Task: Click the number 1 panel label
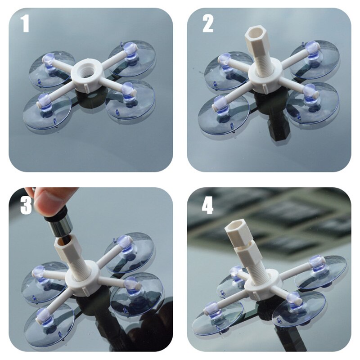coord(25,24)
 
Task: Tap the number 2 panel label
coord(207,24)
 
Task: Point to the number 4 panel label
coord(207,205)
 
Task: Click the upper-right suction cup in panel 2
coord(315,58)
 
